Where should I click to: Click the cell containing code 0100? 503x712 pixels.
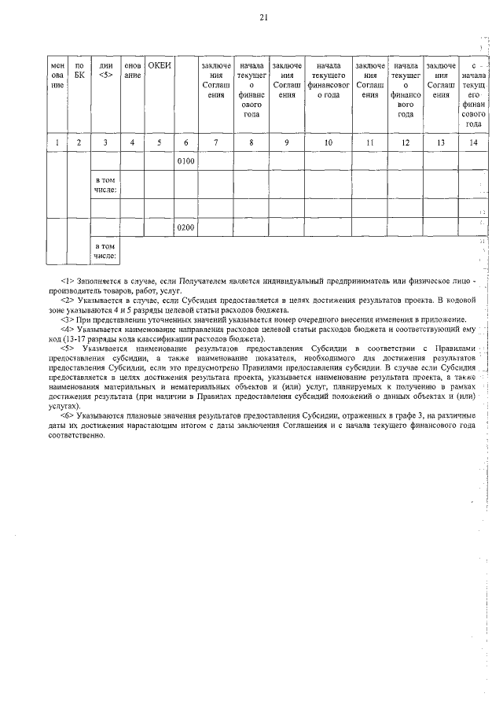[185, 161]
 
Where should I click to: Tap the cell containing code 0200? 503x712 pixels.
[185, 227]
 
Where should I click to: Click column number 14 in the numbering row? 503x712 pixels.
[472, 142]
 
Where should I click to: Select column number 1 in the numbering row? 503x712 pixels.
[57, 142]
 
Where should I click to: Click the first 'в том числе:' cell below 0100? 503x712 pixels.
[105, 185]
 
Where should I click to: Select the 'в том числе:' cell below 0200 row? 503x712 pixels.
[105, 250]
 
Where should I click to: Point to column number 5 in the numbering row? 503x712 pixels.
[160, 142]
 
